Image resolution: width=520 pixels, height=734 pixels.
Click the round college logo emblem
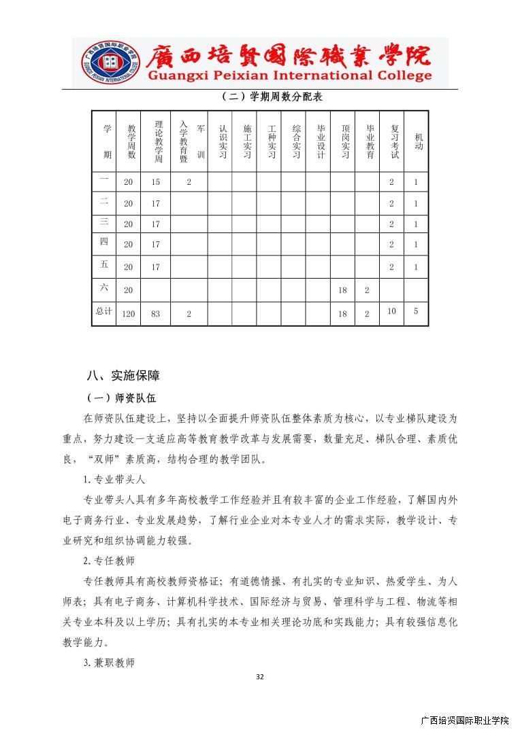(110, 62)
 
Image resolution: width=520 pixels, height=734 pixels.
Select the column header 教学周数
(131, 141)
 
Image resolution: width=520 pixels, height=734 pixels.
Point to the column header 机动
(418, 141)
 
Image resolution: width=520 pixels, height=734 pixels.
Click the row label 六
(104, 288)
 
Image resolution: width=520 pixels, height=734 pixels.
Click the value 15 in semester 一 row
(156, 182)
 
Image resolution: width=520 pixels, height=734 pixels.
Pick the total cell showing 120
(129, 314)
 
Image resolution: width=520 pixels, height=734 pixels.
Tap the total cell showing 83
(156, 314)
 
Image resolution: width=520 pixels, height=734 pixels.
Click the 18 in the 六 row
(342, 290)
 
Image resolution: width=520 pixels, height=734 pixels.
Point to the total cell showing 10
(391, 311)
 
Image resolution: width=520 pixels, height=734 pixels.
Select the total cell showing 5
(416, 311)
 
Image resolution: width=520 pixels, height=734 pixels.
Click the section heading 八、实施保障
(123, 375)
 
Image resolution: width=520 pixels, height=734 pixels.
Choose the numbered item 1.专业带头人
(114, 480)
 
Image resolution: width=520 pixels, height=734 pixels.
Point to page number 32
(259, 677)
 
